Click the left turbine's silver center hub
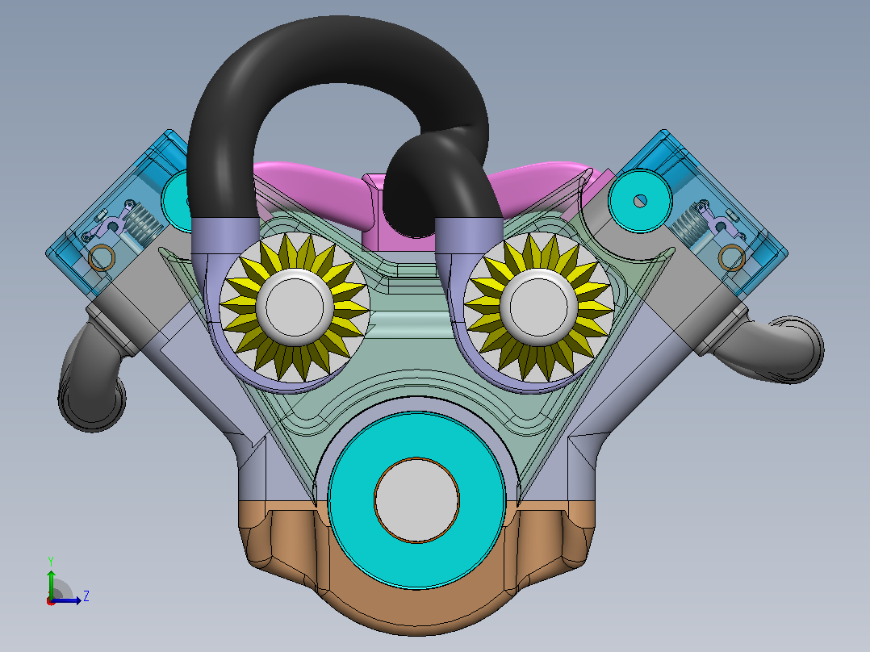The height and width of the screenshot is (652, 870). point(295,306)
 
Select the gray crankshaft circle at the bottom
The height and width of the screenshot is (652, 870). point(416,500)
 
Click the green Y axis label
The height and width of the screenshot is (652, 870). point(51,562)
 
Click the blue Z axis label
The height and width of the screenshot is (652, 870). point(86,596)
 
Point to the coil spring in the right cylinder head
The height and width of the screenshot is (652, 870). point(688,224)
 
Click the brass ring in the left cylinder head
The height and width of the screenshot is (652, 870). point(102,257)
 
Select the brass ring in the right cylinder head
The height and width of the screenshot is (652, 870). point(732,257)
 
